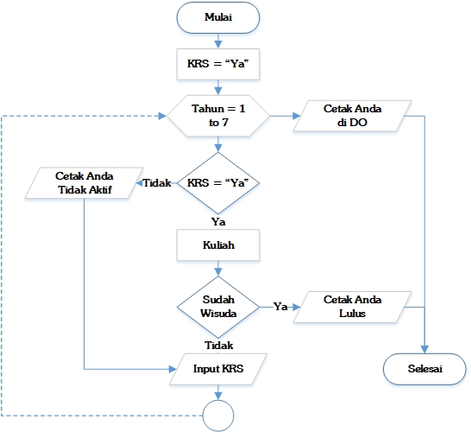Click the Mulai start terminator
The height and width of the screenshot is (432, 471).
[x=218, y=16]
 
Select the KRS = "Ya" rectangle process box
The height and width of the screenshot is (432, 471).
[x=218, y=63]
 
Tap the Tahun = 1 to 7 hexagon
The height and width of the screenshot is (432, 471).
[x=218, y=116]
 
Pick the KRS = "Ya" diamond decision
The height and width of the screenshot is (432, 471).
[x=218, y=183]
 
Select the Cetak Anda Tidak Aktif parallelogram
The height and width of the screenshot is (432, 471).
[x=84, y=183]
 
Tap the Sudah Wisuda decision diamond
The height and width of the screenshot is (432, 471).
[x=218, y=306]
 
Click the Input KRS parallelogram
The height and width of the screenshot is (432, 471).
[x=218, y=369]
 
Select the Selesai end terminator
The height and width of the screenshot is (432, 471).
[x=424, y=369]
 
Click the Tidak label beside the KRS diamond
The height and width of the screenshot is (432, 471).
[x=156, y=183]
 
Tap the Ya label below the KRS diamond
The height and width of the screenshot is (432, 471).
[x=218, y=221]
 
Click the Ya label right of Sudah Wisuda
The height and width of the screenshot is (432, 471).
[x=280, y=306]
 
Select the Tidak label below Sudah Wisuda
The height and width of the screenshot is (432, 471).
[x=218, y=345]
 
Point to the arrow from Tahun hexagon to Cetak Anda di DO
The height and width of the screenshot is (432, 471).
[x=282, y=116]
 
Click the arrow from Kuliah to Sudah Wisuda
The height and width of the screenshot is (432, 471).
[x=218, y=269]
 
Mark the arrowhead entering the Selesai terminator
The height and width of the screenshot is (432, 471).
[x=424, y=349]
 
